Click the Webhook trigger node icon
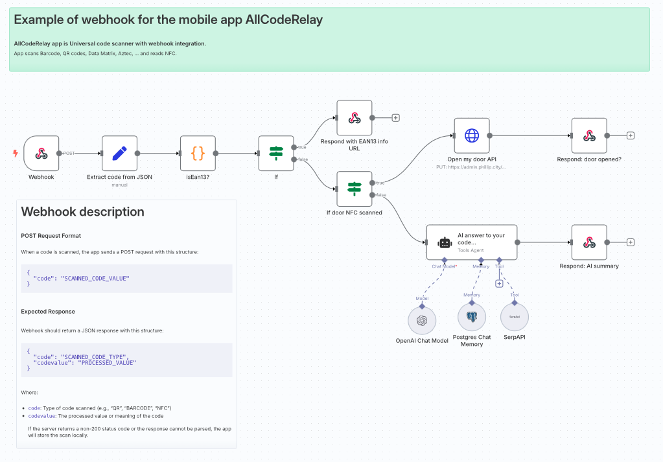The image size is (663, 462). [41, 153]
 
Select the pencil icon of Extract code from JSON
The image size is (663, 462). [119, 153]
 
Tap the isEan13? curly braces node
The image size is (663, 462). [198, 153]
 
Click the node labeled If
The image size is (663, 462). [276, 153]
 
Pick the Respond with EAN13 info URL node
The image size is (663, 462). [354, 118]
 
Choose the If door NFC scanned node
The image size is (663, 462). [354, 189]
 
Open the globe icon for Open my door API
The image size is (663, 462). [471, 135]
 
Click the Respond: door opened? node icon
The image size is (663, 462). [588, 135]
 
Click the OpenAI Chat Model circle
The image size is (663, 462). [422, 320]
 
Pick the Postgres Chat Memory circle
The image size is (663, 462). [471, 318]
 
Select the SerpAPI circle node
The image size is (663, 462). [515, 318]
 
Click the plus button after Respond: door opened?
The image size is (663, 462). [630, 135]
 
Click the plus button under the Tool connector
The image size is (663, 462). [499, 283]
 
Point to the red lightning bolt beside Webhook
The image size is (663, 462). [16, 154]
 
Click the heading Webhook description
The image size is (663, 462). [82, 212]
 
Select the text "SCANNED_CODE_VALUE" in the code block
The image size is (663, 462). [95, 278]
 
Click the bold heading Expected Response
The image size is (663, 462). [48, 312]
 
